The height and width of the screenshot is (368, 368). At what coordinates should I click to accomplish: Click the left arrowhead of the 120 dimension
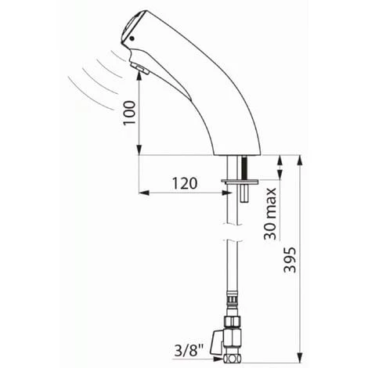coord(143,192)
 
